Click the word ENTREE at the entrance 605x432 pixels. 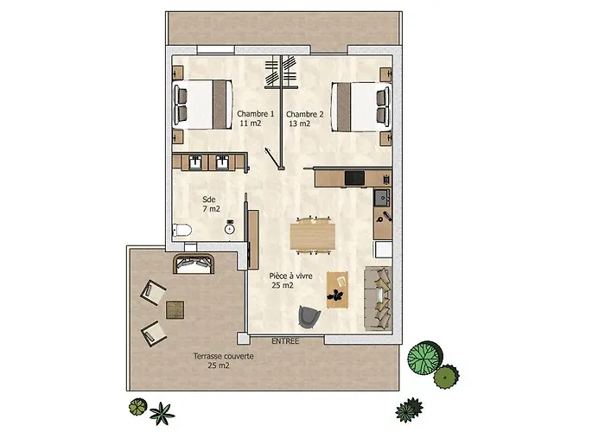[285, 341]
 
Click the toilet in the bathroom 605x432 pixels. [181, 231]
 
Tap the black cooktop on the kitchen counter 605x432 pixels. [354, 178]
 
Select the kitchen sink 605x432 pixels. [382, 198]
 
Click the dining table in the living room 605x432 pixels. [313, 237]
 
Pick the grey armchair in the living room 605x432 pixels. [309, 317]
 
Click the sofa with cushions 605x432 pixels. [379, 298]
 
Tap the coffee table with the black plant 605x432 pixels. [338, 289]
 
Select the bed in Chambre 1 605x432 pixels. [202, 105]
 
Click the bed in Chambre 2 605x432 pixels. [361, 107]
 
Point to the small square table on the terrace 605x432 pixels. [175, 310]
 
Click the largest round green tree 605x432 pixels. [425, 357]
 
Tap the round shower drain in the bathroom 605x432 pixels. [230, 229]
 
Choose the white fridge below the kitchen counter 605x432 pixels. [384, 249]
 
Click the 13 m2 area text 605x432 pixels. [300, 124]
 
